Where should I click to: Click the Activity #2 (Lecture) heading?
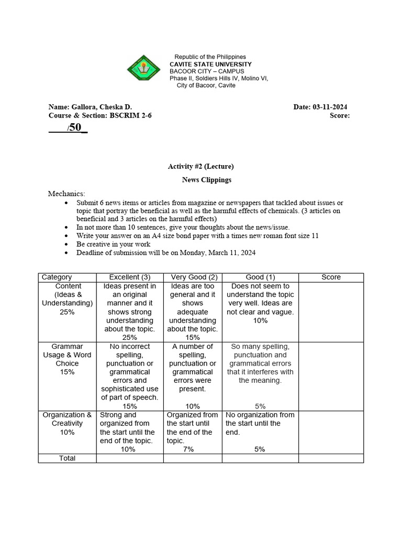click(x=200, y=167)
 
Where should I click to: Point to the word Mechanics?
click(x=66, y=194)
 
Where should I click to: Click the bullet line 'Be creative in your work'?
click(x=113, y=244)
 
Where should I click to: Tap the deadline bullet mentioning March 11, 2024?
click(x=166, y=253)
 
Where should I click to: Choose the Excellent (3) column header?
click(x=130, y=277)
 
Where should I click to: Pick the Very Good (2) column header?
click(x=193, y=277)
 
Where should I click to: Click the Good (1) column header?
click(x=260, y=277)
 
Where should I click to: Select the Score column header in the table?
click(x=331, y=277)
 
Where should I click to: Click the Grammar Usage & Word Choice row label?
click(x=67, y=359)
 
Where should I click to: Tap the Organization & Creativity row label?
click(x=67, y=423)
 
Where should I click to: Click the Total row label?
click(x=67, y=458)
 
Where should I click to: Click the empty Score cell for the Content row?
click(x=331, y=312)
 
